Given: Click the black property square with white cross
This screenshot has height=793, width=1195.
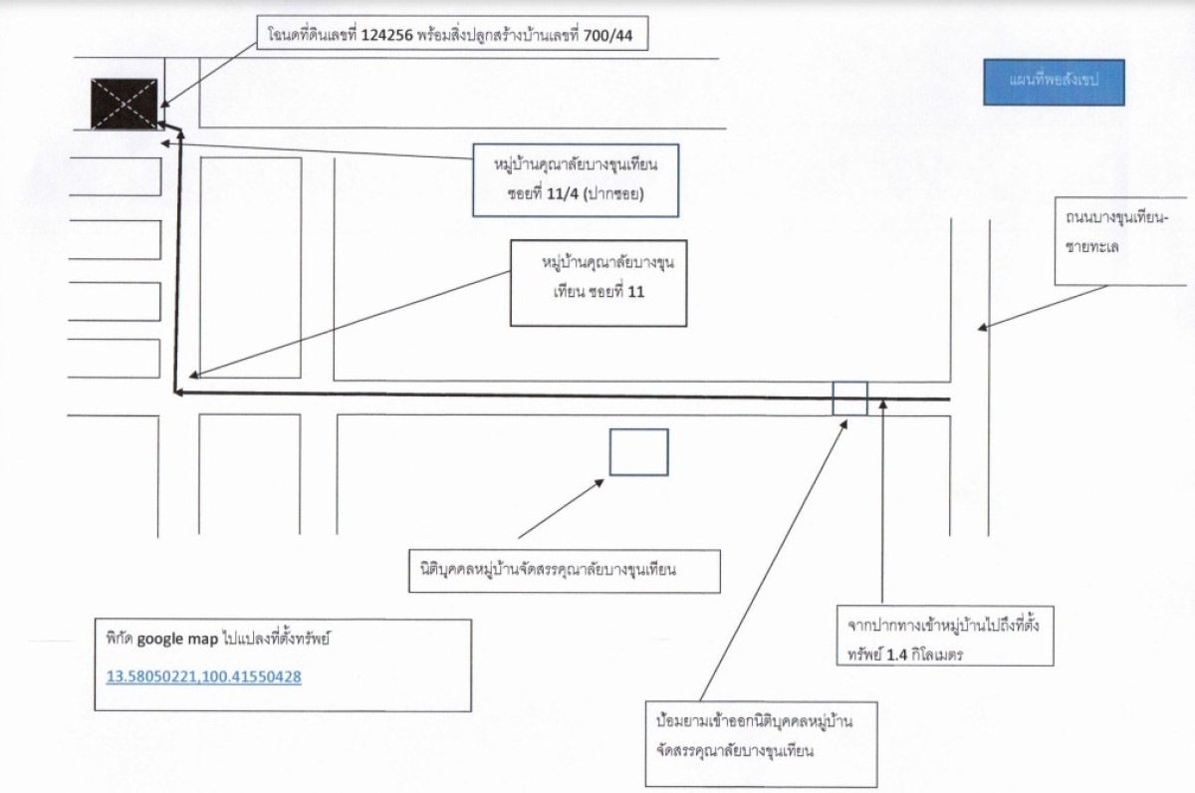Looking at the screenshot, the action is pos(124,104).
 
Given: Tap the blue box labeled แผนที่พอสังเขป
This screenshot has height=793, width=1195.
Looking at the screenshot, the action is pos(1055,82).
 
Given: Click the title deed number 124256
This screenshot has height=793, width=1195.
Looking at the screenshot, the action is pos(387,36).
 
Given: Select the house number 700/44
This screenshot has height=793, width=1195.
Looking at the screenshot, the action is pos(607,36).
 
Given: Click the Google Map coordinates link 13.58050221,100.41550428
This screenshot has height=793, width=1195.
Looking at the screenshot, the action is pos(204,676).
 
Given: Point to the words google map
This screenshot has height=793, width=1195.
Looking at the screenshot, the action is pos(177,639).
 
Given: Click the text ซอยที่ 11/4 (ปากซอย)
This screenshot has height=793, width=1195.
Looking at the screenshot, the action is pos(576,193).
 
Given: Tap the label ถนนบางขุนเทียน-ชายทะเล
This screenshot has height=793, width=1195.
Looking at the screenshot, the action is pos(1116,232).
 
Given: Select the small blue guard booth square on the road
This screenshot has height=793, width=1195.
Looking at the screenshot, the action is pos(849,398).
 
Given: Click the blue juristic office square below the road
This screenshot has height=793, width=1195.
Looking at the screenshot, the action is pos(638,452).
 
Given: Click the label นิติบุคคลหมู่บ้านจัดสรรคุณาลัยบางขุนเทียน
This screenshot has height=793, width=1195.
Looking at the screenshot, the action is pos(548,570).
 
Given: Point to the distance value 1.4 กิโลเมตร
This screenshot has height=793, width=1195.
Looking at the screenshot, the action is pos(924,655).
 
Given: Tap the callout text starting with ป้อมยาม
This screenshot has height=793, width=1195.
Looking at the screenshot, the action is pos(755,736).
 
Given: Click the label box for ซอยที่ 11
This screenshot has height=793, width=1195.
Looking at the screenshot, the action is pos(598,283).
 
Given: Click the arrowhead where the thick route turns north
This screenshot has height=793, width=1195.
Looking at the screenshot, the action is pos(179,393).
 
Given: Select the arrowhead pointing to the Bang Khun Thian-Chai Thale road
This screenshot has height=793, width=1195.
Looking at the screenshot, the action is pos(982,328).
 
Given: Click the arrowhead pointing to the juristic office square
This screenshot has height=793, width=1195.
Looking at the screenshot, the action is pos(599,483).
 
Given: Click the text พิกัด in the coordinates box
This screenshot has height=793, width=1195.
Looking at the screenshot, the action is pos(119,639).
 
